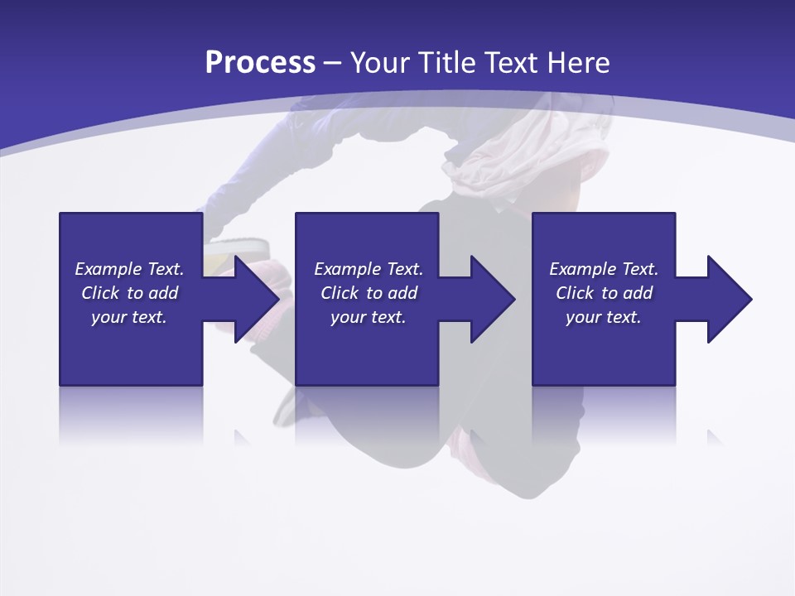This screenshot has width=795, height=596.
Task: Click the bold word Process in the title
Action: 260,63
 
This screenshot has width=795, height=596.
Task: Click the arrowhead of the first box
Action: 257,299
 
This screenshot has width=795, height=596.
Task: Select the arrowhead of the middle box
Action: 493,299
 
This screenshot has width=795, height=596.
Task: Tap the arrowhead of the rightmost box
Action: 730,299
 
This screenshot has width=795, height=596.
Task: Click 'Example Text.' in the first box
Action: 129,269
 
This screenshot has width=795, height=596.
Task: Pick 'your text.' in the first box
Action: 129,317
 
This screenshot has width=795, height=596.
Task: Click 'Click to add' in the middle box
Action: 369,293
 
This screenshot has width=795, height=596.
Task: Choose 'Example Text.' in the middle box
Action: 369,269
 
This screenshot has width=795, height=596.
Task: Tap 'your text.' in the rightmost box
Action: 604,317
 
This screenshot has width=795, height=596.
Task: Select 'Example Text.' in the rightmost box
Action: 604,269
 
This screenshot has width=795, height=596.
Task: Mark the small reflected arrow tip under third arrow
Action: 714,435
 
